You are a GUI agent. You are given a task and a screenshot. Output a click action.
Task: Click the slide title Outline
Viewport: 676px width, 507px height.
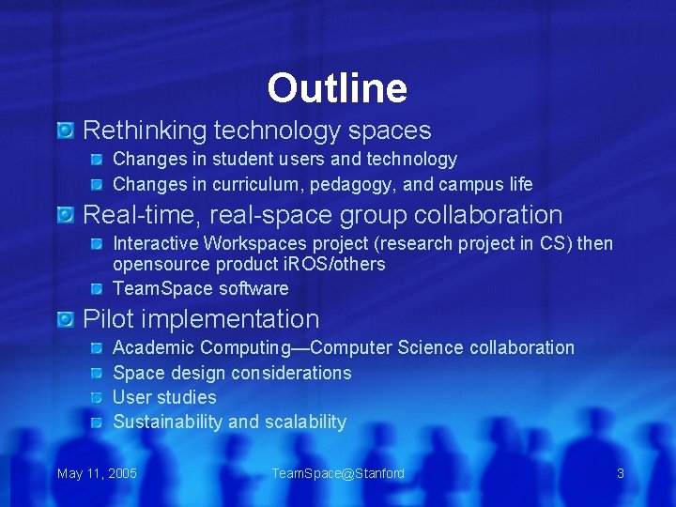(337, 88)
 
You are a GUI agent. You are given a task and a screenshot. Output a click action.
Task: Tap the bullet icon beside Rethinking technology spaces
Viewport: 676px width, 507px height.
(65, 131)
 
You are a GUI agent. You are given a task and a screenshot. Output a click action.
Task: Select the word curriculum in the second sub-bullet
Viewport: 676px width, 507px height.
(255, 184)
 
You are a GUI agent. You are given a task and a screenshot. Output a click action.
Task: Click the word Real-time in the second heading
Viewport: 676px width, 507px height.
(139, 215)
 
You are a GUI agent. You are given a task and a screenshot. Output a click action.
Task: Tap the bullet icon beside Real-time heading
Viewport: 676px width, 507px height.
(65, 216)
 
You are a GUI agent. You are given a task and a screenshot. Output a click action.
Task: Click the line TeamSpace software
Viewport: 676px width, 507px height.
(200, 288)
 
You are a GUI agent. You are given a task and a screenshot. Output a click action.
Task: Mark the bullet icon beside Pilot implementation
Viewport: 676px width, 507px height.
(65, 320)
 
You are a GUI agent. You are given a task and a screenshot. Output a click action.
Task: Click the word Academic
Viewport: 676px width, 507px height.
(153, 347)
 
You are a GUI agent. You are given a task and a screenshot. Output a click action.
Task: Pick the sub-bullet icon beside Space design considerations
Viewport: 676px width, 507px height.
(99, 374)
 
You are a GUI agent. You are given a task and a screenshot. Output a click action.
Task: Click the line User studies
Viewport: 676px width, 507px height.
(164, 397)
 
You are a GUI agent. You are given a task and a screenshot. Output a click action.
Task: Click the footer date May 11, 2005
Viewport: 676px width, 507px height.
(97, 473)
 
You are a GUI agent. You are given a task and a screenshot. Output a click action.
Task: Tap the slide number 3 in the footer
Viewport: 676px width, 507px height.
(620, 473)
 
